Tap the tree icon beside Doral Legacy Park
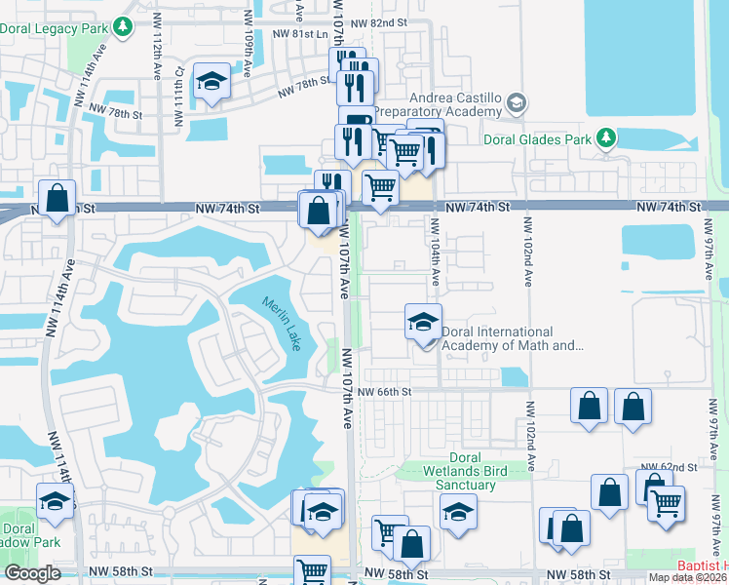(123, 27)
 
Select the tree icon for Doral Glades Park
(606, 138)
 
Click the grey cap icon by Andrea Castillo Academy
(516, 102)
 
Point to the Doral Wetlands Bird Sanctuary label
(465, 472)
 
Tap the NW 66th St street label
(385, 392)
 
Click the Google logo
(32, 573)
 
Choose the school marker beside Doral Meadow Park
(56, 501)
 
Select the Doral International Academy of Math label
(512, 338)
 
